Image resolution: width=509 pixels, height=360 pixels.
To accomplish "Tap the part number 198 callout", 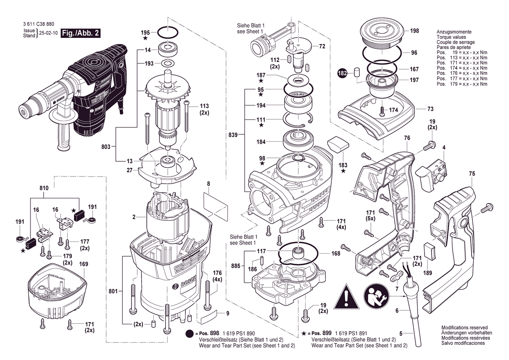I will tap(415, 31).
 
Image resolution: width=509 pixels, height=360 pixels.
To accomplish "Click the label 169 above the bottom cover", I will tap(84, 264).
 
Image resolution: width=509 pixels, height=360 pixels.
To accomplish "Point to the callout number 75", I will tap(472, 174).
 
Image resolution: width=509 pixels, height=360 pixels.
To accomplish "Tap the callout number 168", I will tap(336, 253).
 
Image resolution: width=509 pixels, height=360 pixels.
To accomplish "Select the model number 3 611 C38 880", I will tap(38, 25).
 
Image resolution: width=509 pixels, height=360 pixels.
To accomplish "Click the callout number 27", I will tap(130, 170).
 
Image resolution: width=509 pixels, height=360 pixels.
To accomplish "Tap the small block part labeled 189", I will tap(430, 252).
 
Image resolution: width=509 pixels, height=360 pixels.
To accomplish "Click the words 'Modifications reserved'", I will tap(464, 328).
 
